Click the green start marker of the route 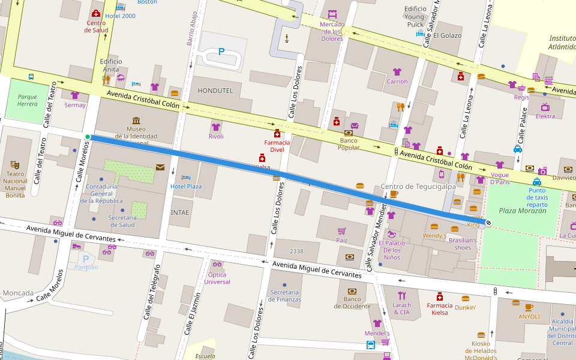click(x=88, y=137)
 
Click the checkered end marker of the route click(x=488, y=223)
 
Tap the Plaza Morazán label click(x=523, y=211)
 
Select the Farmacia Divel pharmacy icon click(x=277, y=133)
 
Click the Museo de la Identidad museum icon click(x=136, y=121)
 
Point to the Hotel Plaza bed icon click(x=186, y=178)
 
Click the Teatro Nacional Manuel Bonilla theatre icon click(x=14, y=164)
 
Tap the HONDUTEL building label click(x=215, y=90)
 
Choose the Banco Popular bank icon click(x=349, y=133)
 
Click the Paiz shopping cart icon click(x=341, y=231)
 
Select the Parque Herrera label click(x=27, y=100)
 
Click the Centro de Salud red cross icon click(x=96, y=14)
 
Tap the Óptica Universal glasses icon click(x=217, y=264)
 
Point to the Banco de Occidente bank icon click(x=352, y=290)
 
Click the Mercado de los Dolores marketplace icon click(x=332, y=14)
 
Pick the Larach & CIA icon click(x=401, y=295)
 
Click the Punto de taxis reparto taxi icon click(x=537, y=182)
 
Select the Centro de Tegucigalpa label click(x=418, y=186)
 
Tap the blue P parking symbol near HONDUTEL click(x=221, y=52)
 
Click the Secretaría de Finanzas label click(x=285, y=296)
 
